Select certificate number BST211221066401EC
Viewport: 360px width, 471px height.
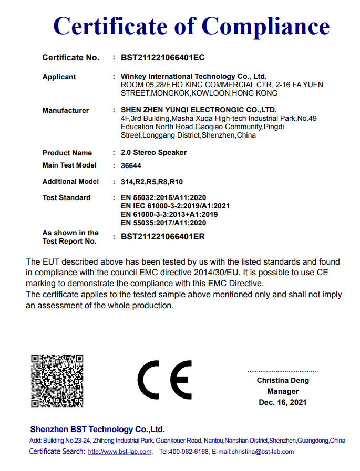click(x=163, y=57)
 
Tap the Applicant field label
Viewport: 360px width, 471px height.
click(x=59, y=77)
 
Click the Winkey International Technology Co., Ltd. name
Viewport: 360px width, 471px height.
click(x=193, y=77)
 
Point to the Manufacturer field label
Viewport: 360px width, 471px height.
click(x=66, y=110)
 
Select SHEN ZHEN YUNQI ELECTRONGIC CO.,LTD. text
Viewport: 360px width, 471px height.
click(x=199, y=110)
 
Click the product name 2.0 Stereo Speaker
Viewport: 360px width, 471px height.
click(x=153, y=152)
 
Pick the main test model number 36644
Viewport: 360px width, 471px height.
click(x=131, y=166)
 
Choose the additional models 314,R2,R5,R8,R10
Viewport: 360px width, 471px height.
click(x=152, y=182)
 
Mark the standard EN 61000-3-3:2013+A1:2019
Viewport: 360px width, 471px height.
click(x=169, y=214)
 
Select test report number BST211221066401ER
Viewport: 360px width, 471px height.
click(x=163, y=237)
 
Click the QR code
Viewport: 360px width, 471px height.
click(x=57, y=381)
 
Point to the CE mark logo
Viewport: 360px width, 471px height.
click(x=165, y=380)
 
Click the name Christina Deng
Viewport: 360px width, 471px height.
click(x=283, y=380)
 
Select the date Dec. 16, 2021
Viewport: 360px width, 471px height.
click(x=283, y=402)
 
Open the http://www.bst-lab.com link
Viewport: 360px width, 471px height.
click(x=120, y=452)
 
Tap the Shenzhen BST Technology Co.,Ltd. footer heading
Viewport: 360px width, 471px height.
click(x=97, y=429)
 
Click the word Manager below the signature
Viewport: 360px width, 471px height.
click(x=283, y=391)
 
